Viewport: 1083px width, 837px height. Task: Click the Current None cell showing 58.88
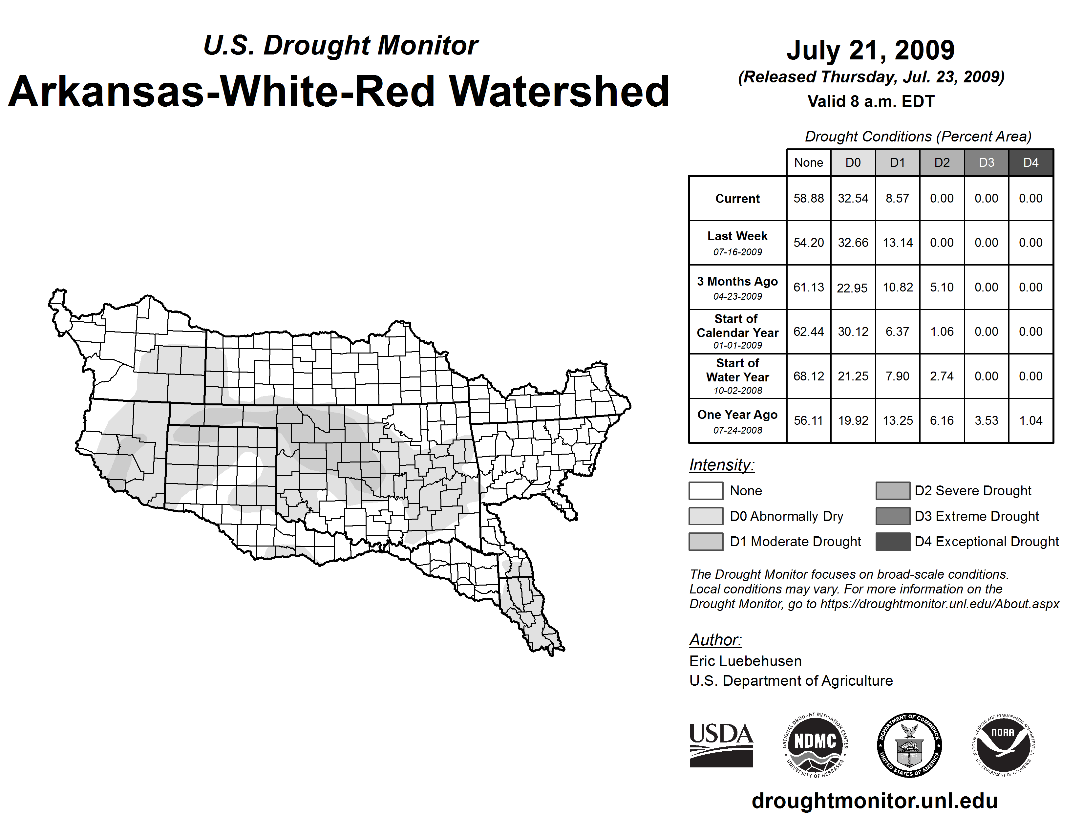tap(808, 198)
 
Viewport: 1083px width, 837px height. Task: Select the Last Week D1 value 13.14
tap(898, 243)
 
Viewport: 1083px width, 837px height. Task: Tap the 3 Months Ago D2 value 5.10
tap(942, 287)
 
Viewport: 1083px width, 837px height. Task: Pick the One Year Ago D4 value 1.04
tap(1030, 420)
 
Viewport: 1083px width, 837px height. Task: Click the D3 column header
tap(986, 162)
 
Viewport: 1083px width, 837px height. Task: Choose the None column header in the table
tap(808, 162)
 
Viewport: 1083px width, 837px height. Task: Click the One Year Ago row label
tap(737, 420)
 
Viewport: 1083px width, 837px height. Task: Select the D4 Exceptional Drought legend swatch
tap(893, 542)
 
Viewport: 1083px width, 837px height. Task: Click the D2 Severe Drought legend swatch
tap(893, 490)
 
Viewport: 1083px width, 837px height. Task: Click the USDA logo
tap(721, 745)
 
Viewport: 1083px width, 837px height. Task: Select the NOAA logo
tap(1003, 745)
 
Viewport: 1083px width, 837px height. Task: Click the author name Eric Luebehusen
tap(745, 661)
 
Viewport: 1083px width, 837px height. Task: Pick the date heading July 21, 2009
tap(870, 50)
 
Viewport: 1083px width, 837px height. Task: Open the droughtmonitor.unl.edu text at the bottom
tap(874, 801)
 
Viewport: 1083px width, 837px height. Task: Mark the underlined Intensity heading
tap(721, 465)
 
